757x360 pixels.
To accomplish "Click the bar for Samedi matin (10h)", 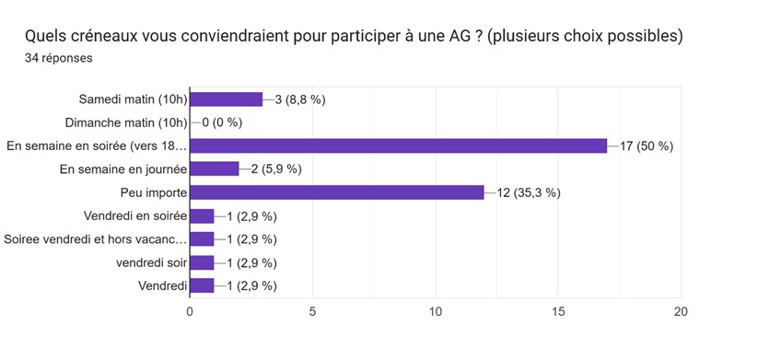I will tap(227, 99).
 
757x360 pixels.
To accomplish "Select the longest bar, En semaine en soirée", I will tap(398, 145).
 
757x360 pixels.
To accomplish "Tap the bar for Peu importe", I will tap(337, 192).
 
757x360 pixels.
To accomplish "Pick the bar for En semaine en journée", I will tap(215, 168).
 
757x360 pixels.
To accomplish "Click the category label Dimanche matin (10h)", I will tap(126, 122).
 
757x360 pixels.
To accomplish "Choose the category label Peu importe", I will tap(153, 192).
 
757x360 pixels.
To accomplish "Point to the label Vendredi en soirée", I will tap(135, 215).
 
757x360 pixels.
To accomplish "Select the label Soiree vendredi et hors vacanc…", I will tap(96, 239).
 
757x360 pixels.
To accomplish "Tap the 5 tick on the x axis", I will tap(312, 311).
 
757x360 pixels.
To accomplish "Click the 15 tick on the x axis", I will tap(558, 311).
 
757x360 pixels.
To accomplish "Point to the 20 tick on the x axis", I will tap(681, 311).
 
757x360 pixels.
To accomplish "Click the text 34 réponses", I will tap(58, 58).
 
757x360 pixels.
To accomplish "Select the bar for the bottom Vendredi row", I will tap(202, 285).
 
